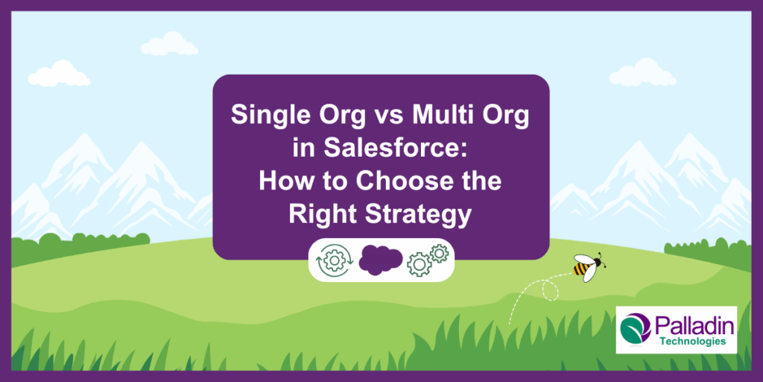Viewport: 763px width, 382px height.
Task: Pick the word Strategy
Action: point(420,215)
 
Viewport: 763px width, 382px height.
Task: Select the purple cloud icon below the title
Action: point(381,260)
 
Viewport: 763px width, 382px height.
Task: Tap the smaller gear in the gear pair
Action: point(439,254)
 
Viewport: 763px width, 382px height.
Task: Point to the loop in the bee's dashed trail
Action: point(551,292)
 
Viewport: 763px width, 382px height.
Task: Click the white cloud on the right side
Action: point(642,74)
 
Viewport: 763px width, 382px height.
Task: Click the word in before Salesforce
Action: point(304,149)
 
